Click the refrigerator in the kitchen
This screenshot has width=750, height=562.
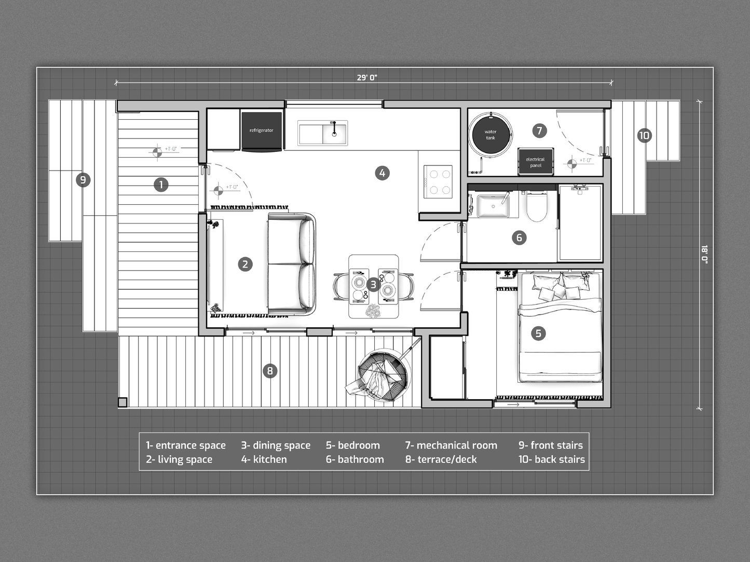[x=262, y=131]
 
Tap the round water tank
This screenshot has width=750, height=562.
[x=490, y=135]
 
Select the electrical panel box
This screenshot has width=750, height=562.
[x=536, y=162]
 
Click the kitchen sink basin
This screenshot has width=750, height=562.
[x=322, y=133]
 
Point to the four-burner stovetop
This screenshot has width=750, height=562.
[x=438, y=181]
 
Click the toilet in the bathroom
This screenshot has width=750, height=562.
[x=537, y=206]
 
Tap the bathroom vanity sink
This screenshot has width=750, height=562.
[x=493, y=205]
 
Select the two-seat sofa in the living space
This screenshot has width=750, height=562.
[x=292, y=264]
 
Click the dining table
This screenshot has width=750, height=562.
[x=374, y=286]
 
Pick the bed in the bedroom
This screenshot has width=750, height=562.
[x=560, y=327]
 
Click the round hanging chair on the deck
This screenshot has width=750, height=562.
[x=383, y=374]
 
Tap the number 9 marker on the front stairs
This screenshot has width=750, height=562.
[x=83, y=180]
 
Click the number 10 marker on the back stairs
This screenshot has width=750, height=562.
[x=645, y=135]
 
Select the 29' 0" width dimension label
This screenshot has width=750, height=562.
[x=367, y=77]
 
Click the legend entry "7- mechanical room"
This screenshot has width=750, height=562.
[x=451, y=445]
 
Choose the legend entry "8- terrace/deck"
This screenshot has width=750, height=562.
[x=441, y=459]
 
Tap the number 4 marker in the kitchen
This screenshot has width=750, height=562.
[x=383, y=173]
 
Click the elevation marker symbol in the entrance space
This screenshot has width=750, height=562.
[x=157, y=152]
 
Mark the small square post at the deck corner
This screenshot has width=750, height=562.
[x=122, y=402]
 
